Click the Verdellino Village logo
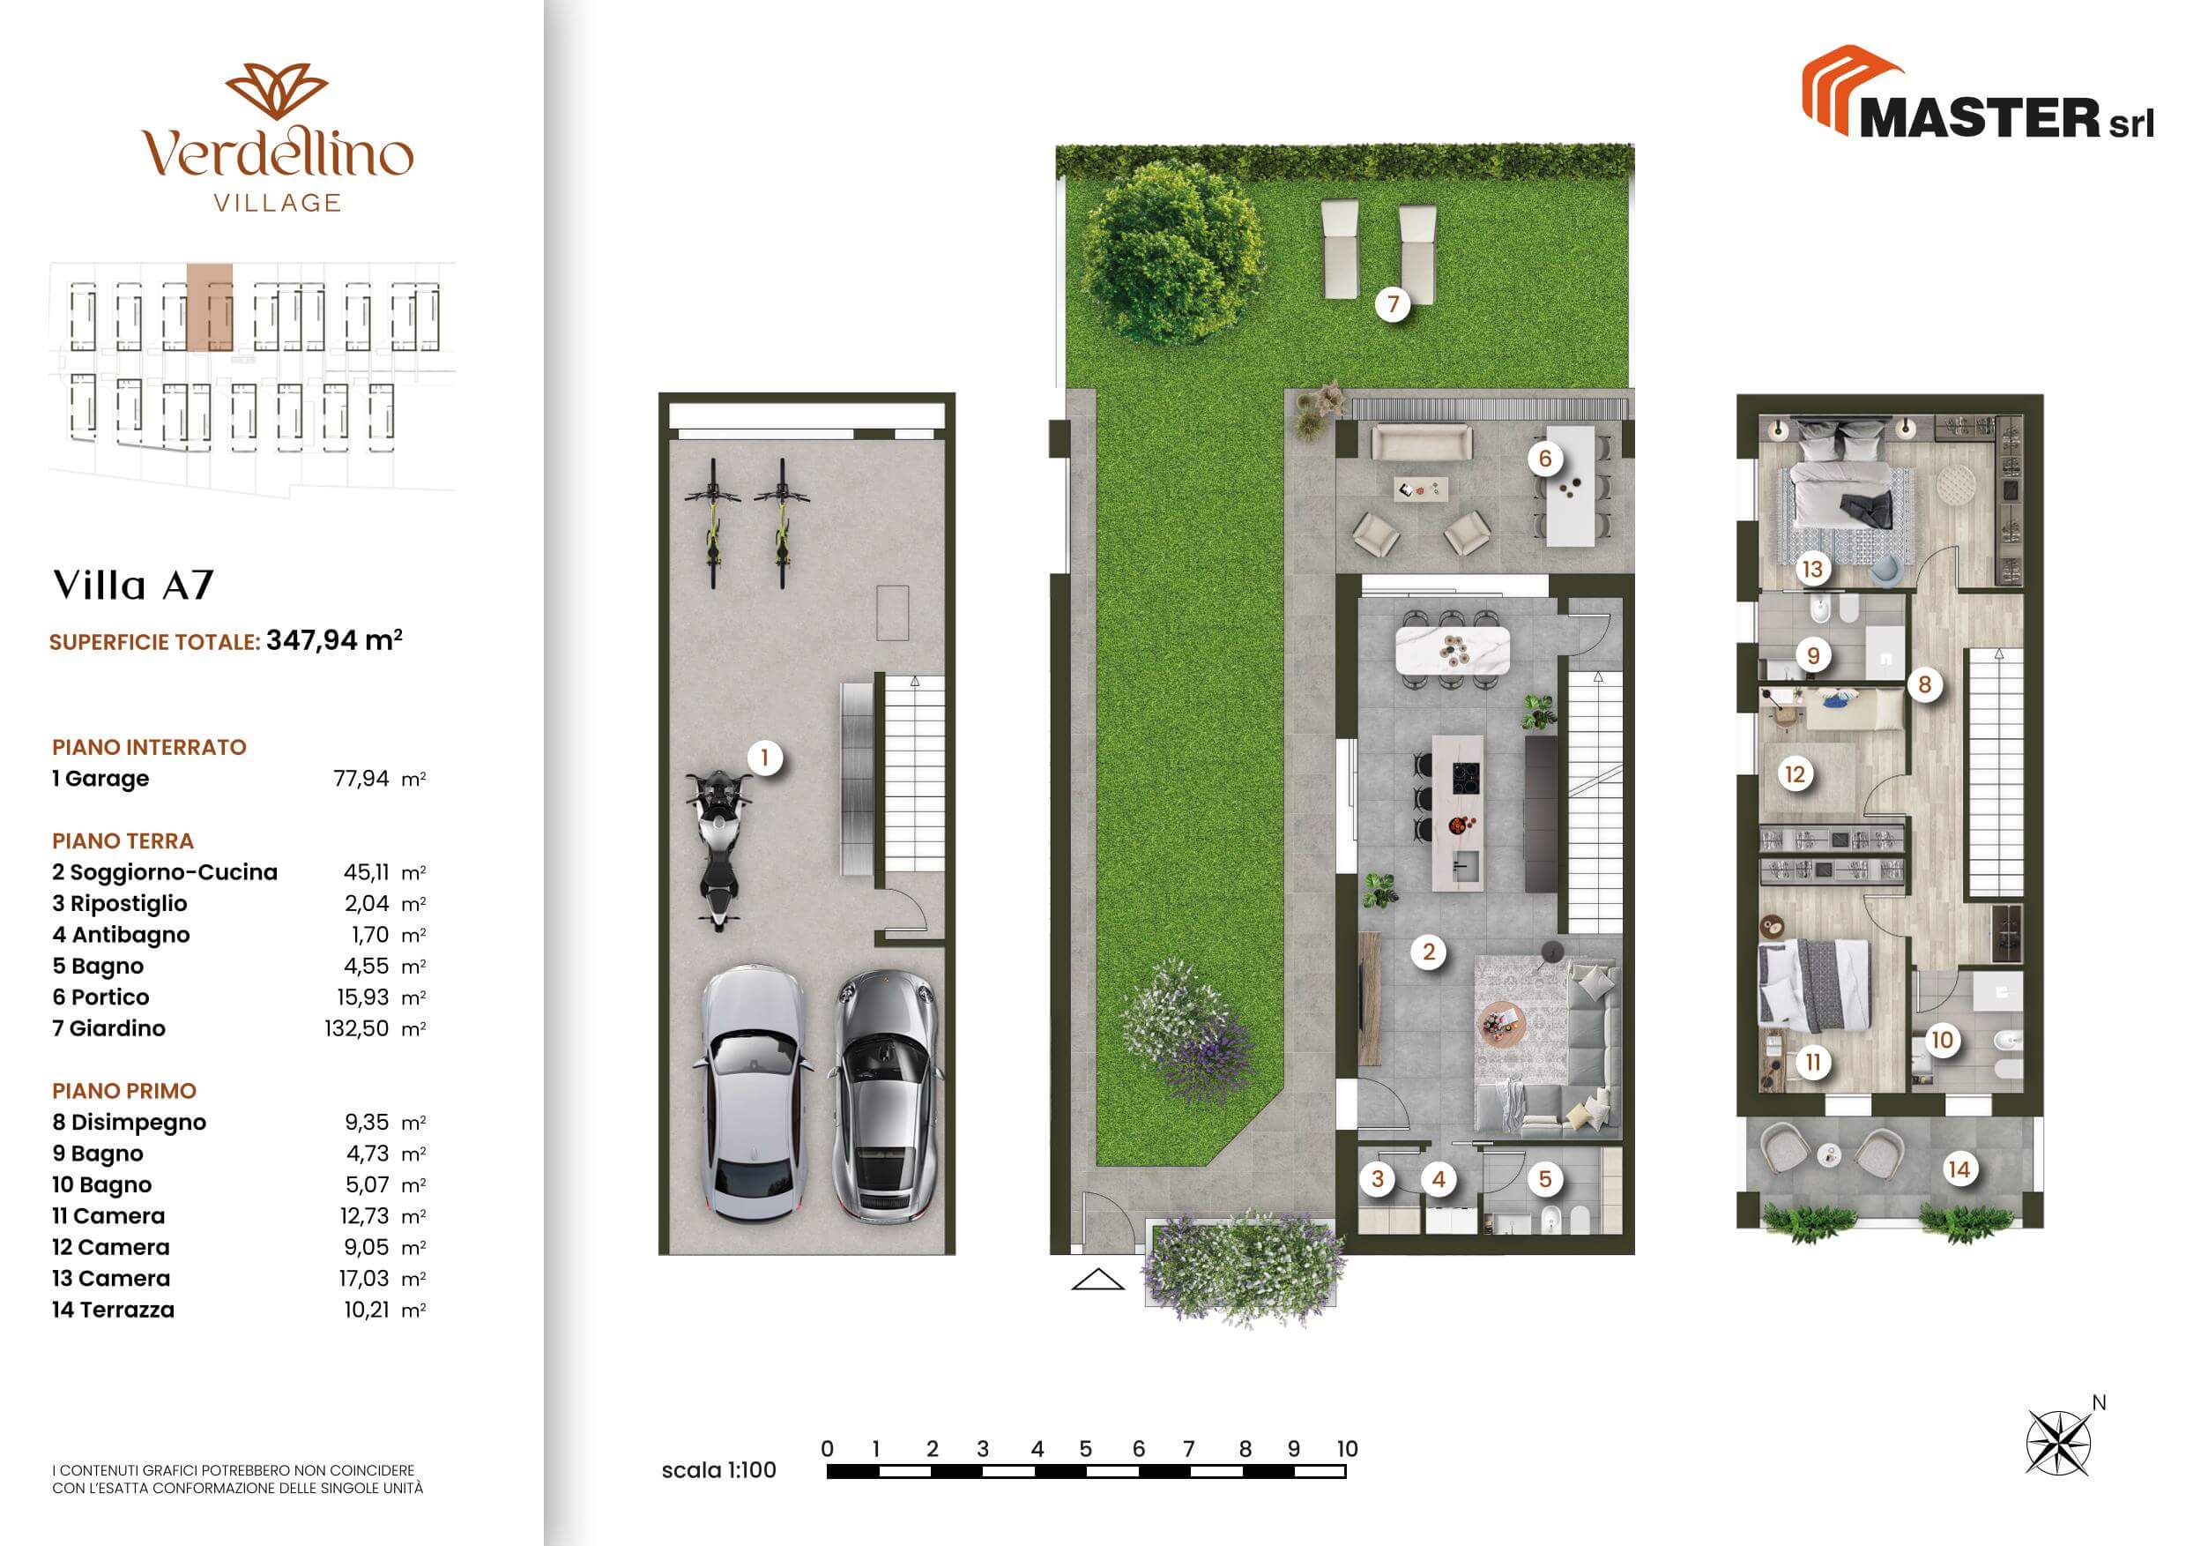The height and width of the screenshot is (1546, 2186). (277, 138)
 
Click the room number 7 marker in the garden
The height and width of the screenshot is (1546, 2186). (1393, 304)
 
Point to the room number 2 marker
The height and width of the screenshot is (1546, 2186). (1428, 951)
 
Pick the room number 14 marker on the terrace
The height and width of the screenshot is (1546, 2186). (1959, 1169)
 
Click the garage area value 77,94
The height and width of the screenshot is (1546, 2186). (361, 778)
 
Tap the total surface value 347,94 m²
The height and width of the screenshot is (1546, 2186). (334, 640)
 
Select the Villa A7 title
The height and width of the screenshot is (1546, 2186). (133, 585)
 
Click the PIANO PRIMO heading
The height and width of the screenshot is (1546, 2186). (123, 1091)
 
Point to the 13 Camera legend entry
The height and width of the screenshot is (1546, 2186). (110, 1278)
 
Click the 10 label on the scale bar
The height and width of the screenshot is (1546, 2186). (1346, 1449)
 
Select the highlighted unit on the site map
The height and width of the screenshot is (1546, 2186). (210, 308)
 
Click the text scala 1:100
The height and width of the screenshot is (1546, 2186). (719, 1470)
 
